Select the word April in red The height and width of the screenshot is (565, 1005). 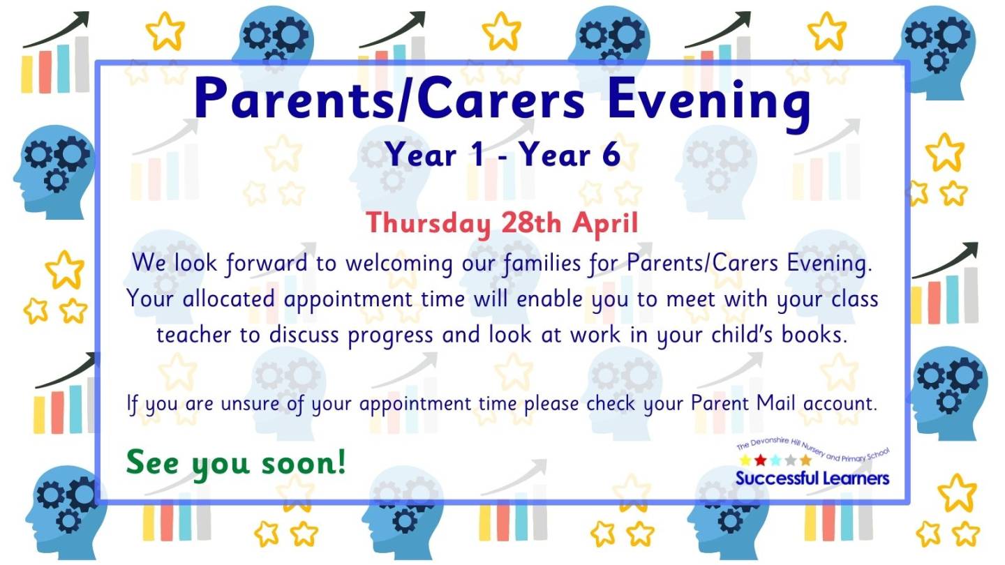pos(605,223)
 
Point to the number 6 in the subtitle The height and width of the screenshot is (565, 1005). pos(611,155)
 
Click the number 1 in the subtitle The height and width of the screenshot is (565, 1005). pos(479,155)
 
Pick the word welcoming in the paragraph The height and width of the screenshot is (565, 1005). pos(399,264)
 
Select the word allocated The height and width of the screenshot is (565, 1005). pos(228,299)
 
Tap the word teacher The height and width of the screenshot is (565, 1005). pos(193,336)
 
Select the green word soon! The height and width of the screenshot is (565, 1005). pos(304,463)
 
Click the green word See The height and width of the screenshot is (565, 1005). pos(153,463)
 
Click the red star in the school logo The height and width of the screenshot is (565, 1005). pos(760,460)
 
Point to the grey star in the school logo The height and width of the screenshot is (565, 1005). pos(791,460)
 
